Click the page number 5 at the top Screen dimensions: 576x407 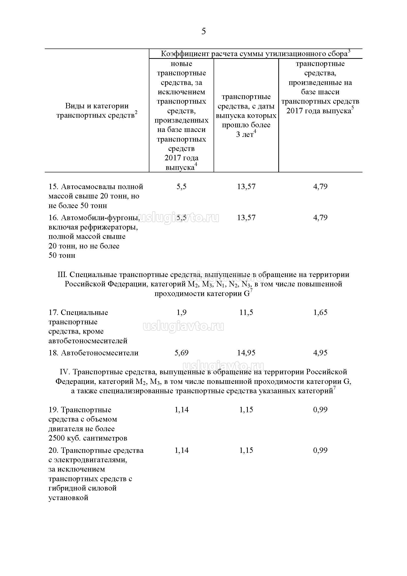203,31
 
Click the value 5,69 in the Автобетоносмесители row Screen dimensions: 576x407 181,353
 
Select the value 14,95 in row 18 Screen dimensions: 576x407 246,353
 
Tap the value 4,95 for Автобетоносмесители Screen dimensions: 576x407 320,353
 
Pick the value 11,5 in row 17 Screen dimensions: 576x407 246,312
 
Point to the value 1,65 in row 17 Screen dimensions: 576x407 320,312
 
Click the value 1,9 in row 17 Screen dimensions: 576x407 181,312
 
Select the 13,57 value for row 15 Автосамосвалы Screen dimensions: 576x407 246,186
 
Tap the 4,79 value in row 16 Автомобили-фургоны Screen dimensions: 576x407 320,217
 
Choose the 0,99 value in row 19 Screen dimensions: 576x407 320,410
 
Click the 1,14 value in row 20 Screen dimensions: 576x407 181,450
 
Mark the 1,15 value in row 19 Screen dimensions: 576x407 246,410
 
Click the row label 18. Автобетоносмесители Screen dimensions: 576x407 93,353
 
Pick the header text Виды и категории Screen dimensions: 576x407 97,106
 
